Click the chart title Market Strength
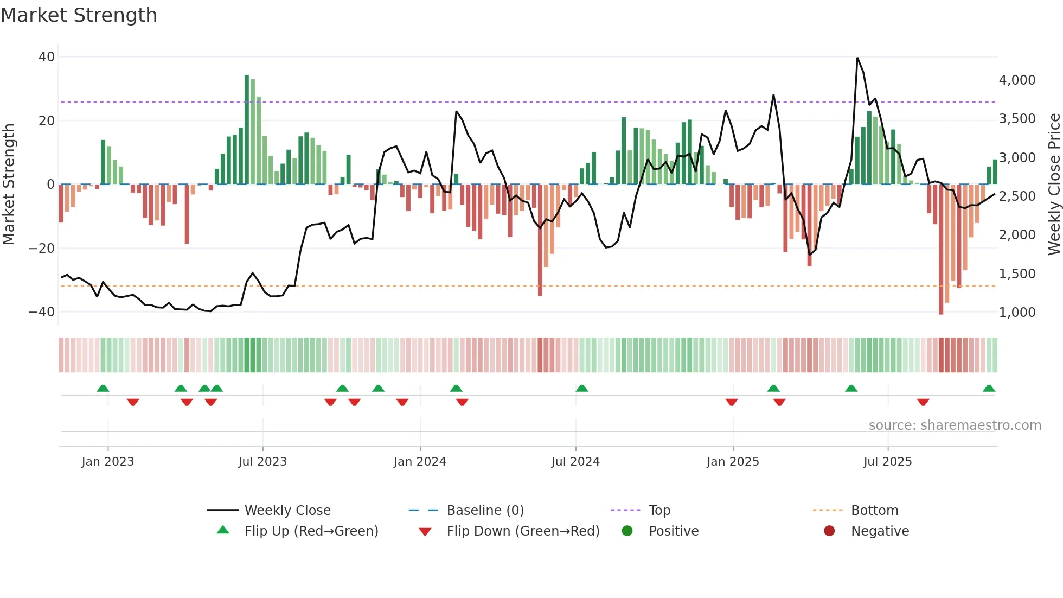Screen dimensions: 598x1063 pos(79,15)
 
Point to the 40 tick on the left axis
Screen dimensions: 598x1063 pos(47,57)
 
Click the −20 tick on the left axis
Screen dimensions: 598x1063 pos(42,249)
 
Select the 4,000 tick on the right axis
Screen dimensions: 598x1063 pos(1017,80)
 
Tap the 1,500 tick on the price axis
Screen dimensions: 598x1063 pos(1017,274)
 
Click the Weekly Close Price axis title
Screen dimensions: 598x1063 pos(1054,185)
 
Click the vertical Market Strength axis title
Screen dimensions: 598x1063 pos(9,185)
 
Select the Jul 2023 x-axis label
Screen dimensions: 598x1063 pos(262,462)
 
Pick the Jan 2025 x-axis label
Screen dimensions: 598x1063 pos(733,462)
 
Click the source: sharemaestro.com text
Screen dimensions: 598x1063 pos(955,425)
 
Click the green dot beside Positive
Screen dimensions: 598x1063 pos(627,531)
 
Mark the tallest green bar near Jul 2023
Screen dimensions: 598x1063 pos(247,130)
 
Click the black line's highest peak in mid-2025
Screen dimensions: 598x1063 pos(857,58)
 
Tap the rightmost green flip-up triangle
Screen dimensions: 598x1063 pos(989,389)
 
